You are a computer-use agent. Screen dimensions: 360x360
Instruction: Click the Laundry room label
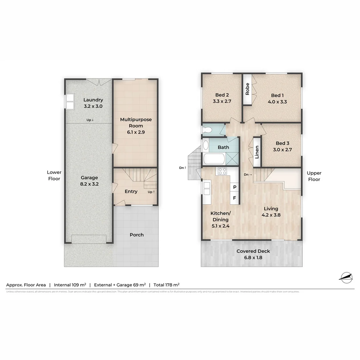(93, 100)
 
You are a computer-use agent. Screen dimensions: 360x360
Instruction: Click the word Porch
(137, 235)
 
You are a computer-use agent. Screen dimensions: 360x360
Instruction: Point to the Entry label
(131, 191)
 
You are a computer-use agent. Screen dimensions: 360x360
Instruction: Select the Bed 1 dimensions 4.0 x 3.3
(277, 102)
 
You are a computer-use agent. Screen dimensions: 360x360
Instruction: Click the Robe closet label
(247, 89)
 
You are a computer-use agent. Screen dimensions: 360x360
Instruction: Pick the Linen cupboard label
(257, 152)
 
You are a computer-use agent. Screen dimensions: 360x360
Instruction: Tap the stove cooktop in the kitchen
(222, 171)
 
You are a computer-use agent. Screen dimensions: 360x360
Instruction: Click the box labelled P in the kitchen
(235, 187)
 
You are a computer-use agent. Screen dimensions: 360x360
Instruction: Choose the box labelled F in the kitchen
(235, 198)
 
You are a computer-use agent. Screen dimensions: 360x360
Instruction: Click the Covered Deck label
(253, 254)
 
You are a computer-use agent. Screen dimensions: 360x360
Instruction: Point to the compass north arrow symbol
(346, 277)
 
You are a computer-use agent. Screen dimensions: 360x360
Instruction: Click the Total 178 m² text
(166, 285)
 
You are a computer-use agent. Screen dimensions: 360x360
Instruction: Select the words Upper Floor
(314, 176)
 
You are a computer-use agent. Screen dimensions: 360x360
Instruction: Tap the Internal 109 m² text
(70, 285)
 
